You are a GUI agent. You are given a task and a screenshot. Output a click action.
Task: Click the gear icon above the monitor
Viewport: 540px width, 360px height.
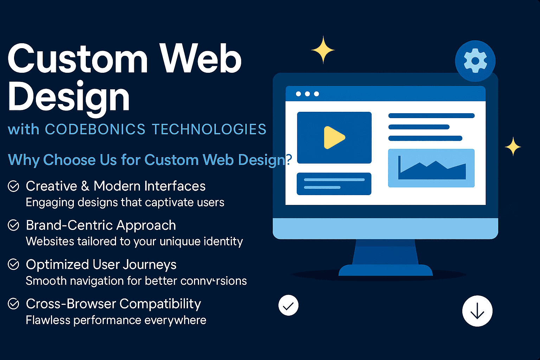pyautogui.click(x=475, y=61)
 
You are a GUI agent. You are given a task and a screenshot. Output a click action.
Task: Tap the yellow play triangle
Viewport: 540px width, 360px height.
pyautogui.click(x=333, y=137)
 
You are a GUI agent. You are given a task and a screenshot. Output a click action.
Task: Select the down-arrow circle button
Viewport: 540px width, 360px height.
pyautogui.click(x=477, y=311)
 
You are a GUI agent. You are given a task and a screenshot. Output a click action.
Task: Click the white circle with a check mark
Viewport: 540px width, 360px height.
pyautogui.click(x=288, y=306)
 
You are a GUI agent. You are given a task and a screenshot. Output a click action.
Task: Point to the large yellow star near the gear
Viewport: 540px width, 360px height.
pyautogui.click(x=323, y=50)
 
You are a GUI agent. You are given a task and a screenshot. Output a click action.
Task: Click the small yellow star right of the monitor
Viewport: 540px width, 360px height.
pyautogui.click(x=513, y=146)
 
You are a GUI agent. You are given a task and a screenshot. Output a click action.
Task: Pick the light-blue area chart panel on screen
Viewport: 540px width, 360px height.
pyautogui.click(x=431, y=168)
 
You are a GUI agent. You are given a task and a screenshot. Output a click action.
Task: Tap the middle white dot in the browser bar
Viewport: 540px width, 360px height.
pyautogui.click(x=307, y=94)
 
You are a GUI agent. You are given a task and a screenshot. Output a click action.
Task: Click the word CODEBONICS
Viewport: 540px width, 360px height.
pyautogui.click(x=95, y=129)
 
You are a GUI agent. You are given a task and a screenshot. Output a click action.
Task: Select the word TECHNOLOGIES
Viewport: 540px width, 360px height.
pyautogui.click(x=209, y=129)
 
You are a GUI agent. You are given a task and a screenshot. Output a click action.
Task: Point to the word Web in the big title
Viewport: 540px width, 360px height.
pyautogui.click(x=200, y=59)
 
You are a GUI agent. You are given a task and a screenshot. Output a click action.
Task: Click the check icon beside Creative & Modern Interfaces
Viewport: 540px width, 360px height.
pyautogui.click(x=13, y=186)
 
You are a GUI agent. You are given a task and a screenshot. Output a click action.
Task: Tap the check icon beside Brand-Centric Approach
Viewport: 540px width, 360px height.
pyautogui.click(x=13, y=225)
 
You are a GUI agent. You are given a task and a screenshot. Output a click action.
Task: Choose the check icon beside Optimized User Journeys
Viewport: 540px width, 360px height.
pyautogui.click(x=13, y=264)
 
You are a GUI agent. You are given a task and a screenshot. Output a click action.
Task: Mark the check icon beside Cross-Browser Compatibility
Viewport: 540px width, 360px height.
pyautogui.click(x=13, y=303)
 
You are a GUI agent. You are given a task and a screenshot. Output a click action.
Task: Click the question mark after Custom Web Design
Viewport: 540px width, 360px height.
pyautogui.click(x=289, y=160)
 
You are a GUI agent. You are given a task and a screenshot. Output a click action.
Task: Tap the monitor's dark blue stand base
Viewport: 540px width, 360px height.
pyautogui.click(x=385, y=270)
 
